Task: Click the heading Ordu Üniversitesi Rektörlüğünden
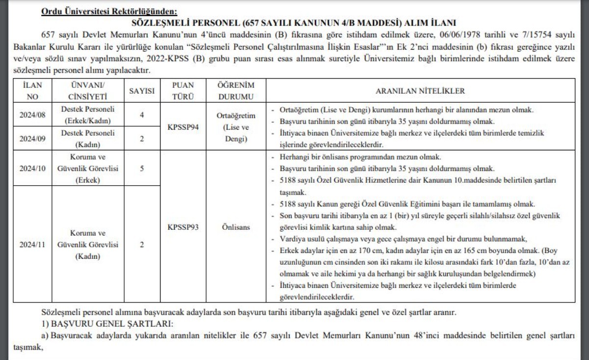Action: click(109, 11)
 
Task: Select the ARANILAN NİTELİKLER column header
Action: click(420, 91)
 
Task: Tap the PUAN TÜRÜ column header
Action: click(183, 91)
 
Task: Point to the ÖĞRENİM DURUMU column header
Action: click(236, 91)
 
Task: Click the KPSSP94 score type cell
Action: click(183, 127)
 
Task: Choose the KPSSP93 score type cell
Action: click(183, 227)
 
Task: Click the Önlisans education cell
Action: click(236, 227)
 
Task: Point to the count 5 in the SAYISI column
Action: click(142, 168)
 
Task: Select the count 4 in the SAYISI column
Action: click(142, 115)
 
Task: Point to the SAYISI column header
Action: click(142, 91)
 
